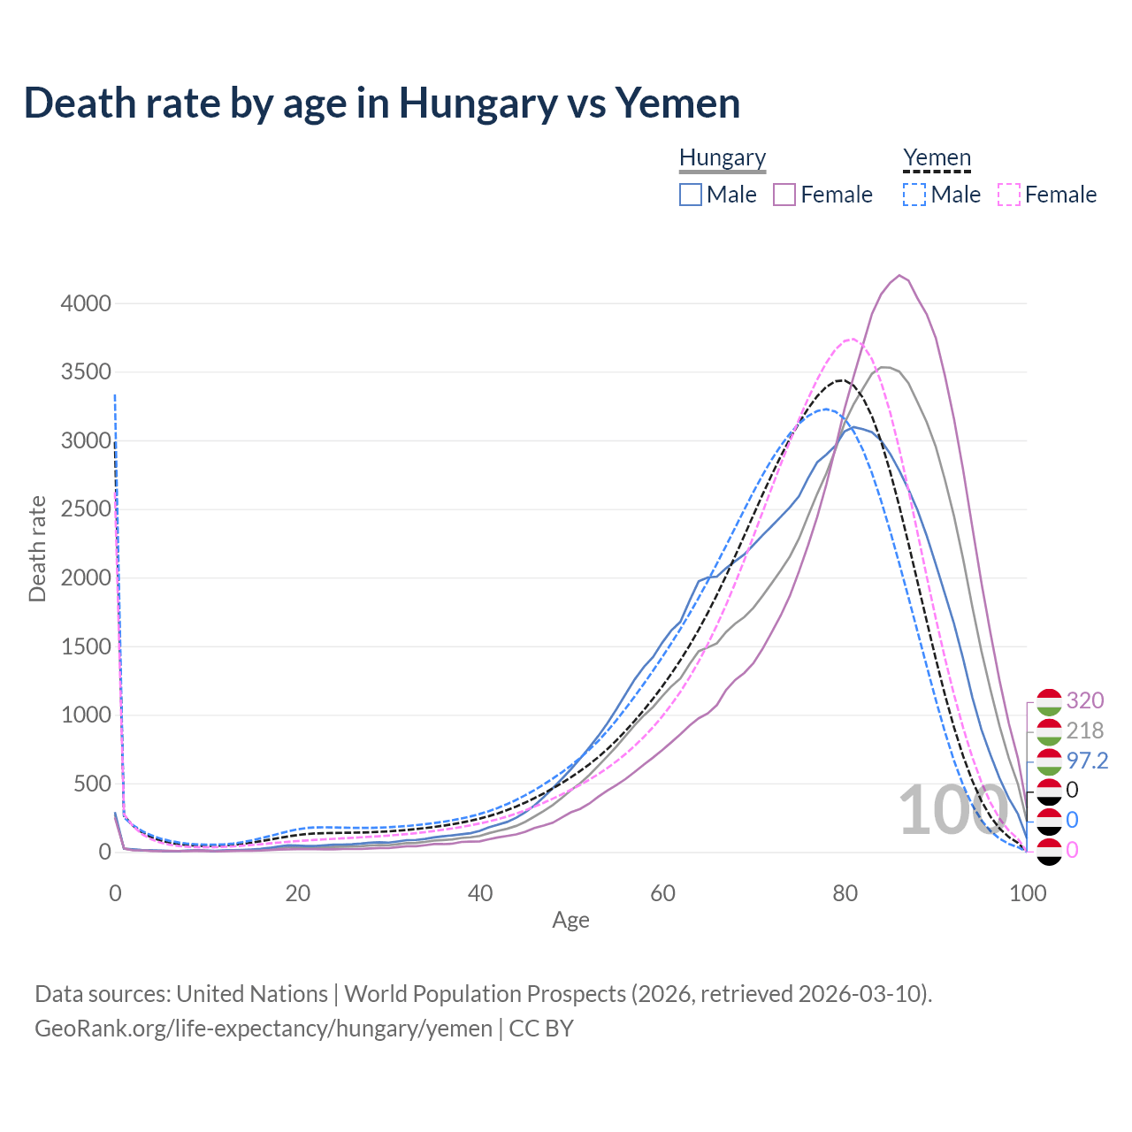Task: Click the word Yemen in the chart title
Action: pyautogui.click(x=677, y=103)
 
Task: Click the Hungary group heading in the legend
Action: pyautogui.click(x=723, y=157)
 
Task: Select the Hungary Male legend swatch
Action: pyautogui.click(x=691, y=195)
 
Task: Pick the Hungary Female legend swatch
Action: pyautogui.click(x=784, y=195)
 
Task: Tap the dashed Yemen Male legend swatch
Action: pyautogui.click(x=914, y=195)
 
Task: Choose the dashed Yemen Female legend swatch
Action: pyautogui.click(x=1009, y=195)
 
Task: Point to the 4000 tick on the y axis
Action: pyautogui.click(x=86, y=303)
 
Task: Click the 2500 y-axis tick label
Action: pyautogui.click(x=86, y=509)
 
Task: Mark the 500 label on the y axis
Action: pyautogui.click(x=92, y=784)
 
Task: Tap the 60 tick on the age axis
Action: pyautogui.click(x=663, y=893)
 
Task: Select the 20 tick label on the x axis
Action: pyautogui.click(x=298, y=893)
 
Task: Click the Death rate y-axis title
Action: pyautogui.click(x=37, y=548)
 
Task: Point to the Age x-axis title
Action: pyautogui.click(x=570, y=920)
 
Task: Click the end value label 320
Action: pyautogui.click(x=1085, y=700)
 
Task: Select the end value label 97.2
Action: pyautogui.click(x=1087, y=761)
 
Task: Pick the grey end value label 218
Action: pyautogui.click(x=1085, y=730)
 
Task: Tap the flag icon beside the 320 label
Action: pyautogui.click(x=1049, y=701)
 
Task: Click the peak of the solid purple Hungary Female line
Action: pyautogui.click(x=899, y=275)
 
